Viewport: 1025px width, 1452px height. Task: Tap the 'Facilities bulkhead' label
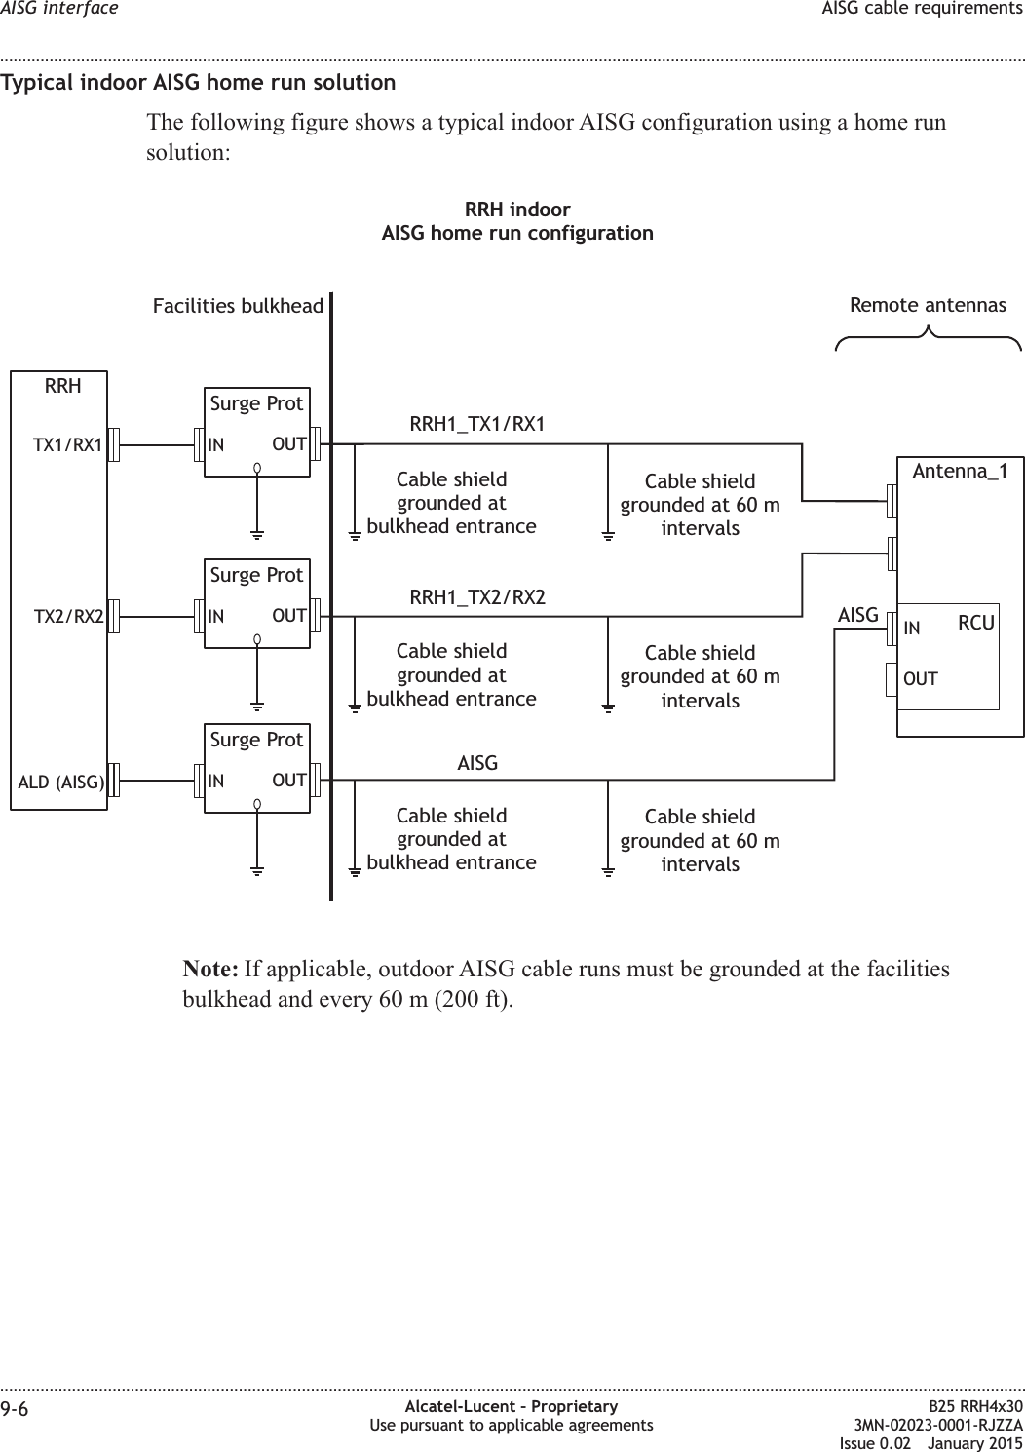[x=238, y=307]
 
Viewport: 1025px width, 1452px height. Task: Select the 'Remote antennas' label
[x=928, y=306]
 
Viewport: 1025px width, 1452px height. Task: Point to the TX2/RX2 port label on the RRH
[x=69, y=617]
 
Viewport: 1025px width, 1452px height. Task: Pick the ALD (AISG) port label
[x=61, y=782]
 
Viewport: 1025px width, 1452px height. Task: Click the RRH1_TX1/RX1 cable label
[x=476, y=424]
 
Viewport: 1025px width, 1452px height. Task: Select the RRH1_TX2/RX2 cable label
[x=476, y=596]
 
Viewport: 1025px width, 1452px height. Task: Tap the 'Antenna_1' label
[x=960, y=472]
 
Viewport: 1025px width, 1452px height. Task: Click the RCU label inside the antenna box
[x=975, y=623]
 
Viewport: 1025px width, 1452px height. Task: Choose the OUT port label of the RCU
[x=921, y=678]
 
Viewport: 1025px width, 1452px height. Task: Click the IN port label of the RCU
[x=912, y=629]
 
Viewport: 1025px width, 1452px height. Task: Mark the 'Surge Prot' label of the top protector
[x=256, y=403]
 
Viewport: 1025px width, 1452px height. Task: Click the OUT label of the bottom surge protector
[x=289, y=781]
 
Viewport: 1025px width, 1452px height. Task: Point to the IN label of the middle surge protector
[x=216, y=617]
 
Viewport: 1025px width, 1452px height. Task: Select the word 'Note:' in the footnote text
[x=211, y=971]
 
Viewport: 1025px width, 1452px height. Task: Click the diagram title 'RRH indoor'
[x=517, y=210]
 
